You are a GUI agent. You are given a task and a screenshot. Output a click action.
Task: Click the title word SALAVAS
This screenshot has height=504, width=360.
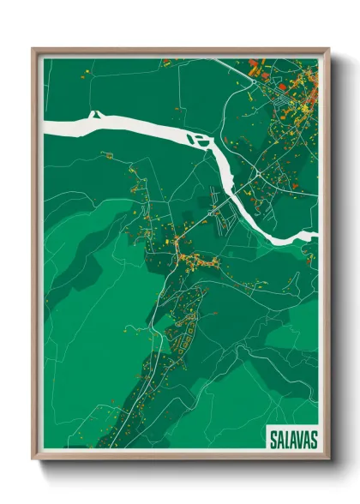click(291, 439)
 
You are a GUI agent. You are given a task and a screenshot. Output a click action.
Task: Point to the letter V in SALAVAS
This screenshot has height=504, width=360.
click(297, 439)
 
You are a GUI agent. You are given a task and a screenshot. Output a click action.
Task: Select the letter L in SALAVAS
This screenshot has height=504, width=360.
click(285, 439)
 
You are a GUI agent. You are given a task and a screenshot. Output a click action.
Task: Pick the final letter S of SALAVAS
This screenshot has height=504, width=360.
click(312, 439)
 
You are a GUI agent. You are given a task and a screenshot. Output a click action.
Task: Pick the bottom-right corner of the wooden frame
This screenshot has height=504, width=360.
click(328, 459)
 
